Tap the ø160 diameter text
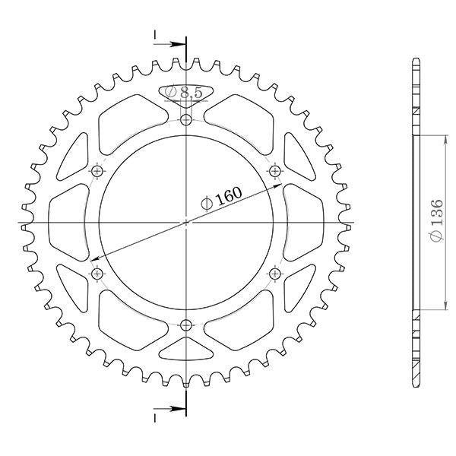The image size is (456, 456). (x=221, y=199)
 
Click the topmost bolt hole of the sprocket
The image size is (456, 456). (x=187, y=119)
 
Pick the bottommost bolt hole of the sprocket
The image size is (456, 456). (x=187, y=325)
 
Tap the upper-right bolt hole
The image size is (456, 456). (x=275, y=169)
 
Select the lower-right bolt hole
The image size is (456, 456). (x=275, y=274)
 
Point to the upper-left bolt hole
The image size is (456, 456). (x=97, y=170)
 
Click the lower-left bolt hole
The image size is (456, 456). (x=97, y=274)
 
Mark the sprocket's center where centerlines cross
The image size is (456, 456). (x=187, y=222)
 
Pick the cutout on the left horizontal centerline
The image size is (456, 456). (x=68, y=222)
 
